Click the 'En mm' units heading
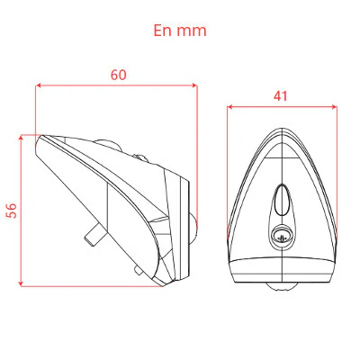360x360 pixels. coord(180,31)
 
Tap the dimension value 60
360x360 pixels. coord(119,75)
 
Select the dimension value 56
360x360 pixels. coord(12,211)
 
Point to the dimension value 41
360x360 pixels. coord(280,96)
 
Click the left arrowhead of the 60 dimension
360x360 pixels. coord(38,85)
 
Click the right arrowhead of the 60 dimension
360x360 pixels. coord(195,85)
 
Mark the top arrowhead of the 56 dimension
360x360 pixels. coord(21,138)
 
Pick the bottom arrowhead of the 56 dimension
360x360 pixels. coord(21,283)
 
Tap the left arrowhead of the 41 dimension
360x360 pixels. coord(229,107)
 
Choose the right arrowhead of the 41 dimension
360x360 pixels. coord(334,107)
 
